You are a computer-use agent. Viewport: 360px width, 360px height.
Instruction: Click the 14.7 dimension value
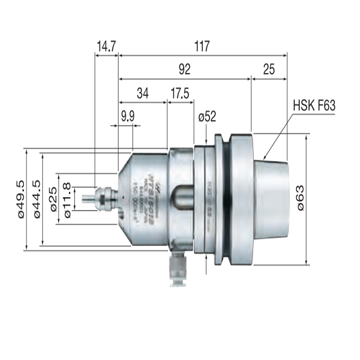point(107,46)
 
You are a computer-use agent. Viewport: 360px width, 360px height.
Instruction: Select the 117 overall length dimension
point(202,46)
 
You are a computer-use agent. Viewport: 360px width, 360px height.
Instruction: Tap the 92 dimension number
point(184,69)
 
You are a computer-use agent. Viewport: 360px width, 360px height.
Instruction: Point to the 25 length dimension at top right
point(269,69)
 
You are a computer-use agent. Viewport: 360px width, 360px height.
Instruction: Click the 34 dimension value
point(142,93)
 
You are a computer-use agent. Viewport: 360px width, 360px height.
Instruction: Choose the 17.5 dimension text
point(180,93)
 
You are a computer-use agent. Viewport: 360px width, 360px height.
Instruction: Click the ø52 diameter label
point(207,117)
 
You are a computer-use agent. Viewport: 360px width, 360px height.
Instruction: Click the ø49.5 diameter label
point(21,198)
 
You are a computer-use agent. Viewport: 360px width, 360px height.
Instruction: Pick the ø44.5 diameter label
point(36,198)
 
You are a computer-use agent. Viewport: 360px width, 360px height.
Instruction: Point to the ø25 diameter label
point(53,198)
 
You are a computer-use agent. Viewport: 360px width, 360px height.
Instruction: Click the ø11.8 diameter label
point(67,198)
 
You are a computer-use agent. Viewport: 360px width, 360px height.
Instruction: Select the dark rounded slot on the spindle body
point(182,198)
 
